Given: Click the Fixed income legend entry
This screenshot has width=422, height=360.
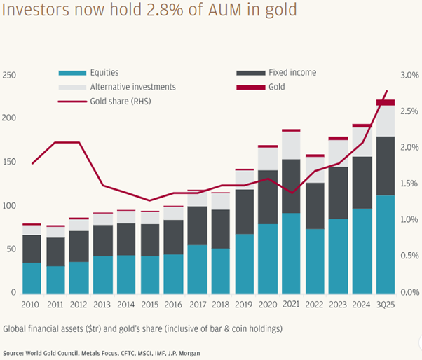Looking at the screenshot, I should (x=294, y=73).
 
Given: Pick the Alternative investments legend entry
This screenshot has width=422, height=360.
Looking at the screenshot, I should (x=132, y=87).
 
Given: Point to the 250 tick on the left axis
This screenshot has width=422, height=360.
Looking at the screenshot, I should (x=9, y=76).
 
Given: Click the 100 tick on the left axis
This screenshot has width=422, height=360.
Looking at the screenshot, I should (x=9, y=205).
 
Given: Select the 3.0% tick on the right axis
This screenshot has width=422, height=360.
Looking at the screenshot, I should (x=409, y=76).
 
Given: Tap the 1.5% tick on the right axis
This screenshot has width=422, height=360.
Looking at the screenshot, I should (x=409, y=184).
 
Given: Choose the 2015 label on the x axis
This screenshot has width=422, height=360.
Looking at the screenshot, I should (x=150, y=305).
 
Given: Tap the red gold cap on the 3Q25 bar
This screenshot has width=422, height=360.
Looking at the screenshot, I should (x=386, y=103).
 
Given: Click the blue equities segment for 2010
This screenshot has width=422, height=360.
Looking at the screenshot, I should (x=32, y=278).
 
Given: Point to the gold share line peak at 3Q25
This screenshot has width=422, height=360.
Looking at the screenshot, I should (x=387, y=91).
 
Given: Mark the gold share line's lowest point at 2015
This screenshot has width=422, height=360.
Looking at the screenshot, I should (x=150, y=201).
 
